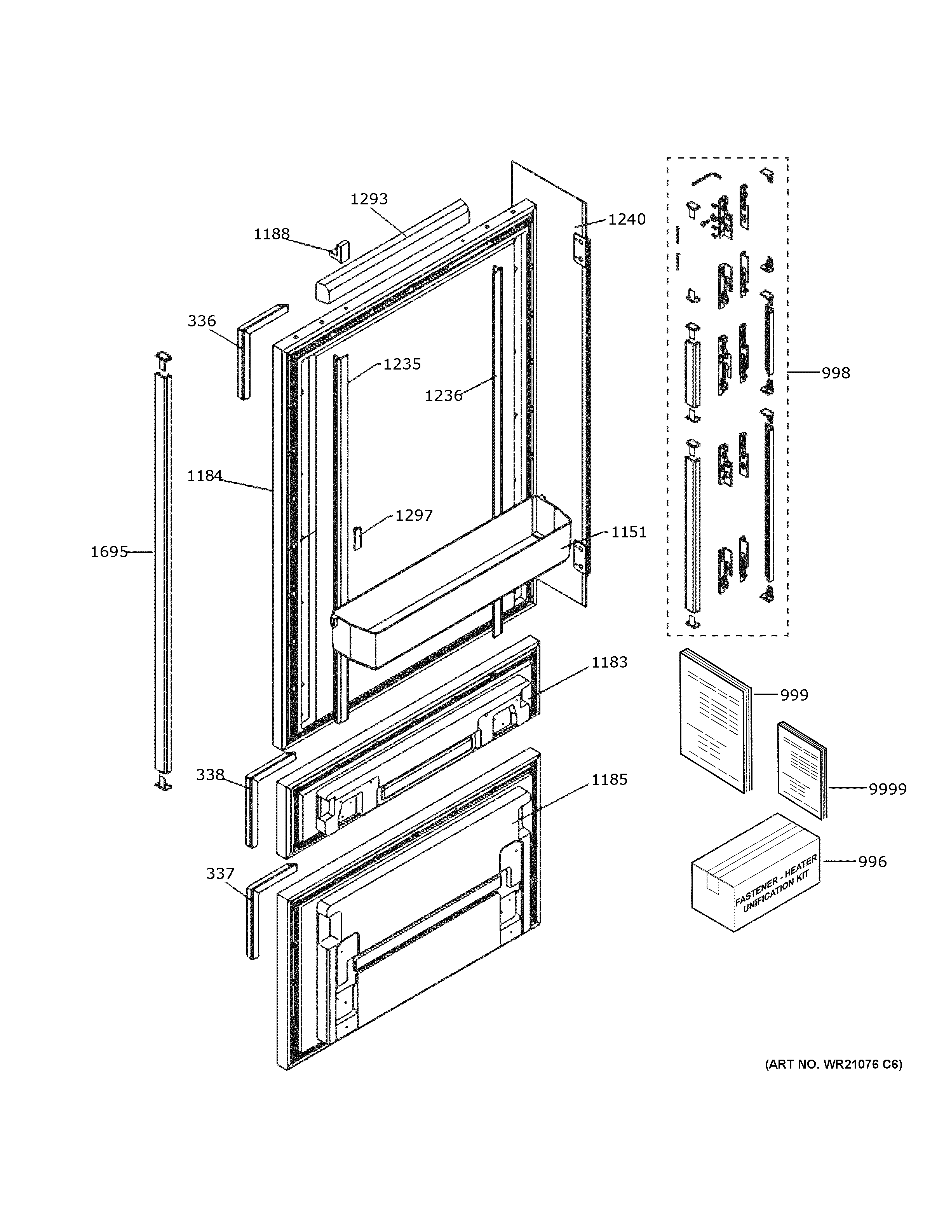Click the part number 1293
[369, 199]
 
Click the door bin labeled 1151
[451, 586]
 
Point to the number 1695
[109, 552]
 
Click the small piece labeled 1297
[357, 537]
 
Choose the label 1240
[627, 219]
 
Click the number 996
[872, 862]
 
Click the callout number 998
[836, 373]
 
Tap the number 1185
[609, 779]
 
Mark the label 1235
[402, 364]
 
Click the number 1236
[443, 396]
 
